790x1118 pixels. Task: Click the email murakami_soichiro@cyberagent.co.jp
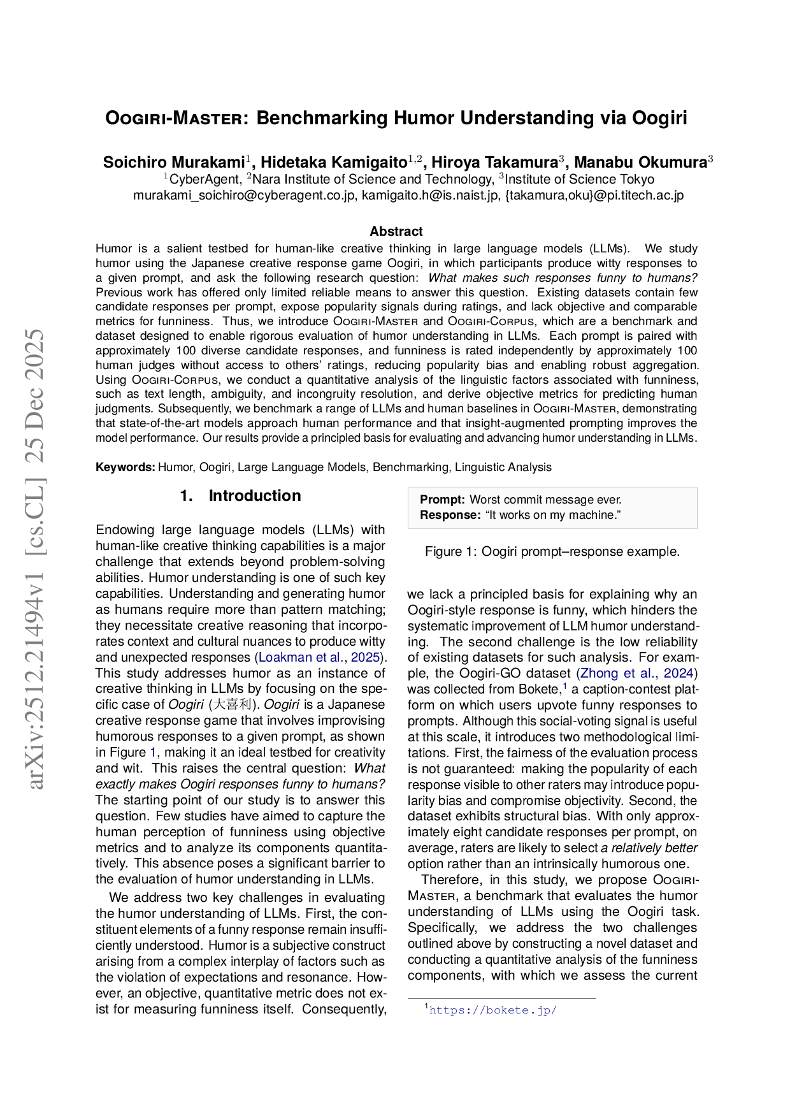coord(244,196)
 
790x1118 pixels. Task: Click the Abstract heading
coord(396,231)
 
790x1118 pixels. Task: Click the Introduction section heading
coord(254,496)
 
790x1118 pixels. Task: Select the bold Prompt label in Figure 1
coord(442,500)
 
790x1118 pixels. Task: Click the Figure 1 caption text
coord(552,552)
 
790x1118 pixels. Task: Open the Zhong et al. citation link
coord(617,673)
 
